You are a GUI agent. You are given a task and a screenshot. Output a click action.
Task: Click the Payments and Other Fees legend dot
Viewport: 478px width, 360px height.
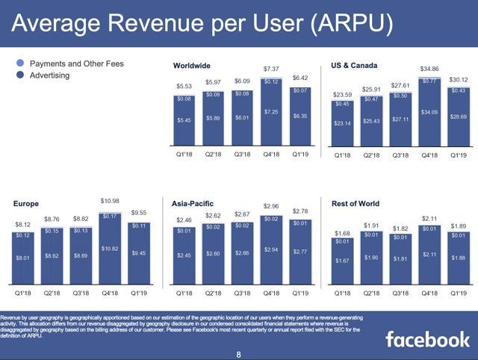click(19, 64)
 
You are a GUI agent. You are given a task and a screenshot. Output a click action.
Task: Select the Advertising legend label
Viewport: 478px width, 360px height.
click(49, 75)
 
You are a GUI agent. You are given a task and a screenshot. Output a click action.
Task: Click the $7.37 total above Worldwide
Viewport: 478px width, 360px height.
click(271, 69)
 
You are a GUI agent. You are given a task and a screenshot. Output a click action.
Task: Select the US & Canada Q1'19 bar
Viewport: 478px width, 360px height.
click(459, 115)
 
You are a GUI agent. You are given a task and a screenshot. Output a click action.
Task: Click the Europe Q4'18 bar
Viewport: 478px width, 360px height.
click(109, 246)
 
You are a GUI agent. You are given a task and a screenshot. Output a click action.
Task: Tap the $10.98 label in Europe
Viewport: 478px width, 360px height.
click(109, 202)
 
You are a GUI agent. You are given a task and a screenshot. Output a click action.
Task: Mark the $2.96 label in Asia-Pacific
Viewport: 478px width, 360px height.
click(271, 205)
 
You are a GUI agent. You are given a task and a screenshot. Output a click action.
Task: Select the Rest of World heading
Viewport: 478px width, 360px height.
click(356, 203)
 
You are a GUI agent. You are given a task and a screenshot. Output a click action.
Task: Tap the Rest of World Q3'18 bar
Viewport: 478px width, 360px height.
click(400, 258)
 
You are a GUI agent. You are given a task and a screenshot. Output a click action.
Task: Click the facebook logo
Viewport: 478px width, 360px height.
click(426, 340)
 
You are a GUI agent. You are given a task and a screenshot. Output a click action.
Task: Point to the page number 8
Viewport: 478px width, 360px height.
click(238, 354)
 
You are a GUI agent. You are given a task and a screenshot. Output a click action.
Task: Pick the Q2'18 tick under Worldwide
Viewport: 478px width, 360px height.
click(213, 155)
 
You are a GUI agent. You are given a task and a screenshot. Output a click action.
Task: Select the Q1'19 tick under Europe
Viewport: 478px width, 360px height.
click(138, 294)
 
